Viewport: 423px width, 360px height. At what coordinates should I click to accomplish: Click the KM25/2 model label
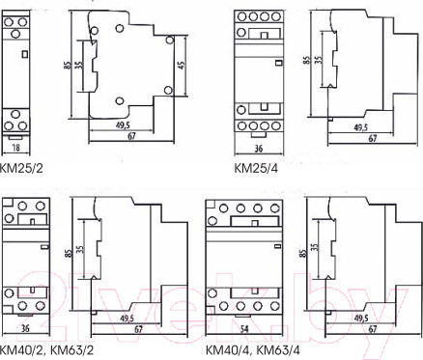21,168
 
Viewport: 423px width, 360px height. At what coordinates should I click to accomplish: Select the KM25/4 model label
256,168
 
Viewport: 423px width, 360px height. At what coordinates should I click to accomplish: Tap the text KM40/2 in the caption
22,349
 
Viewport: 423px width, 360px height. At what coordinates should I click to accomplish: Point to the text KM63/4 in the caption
279,349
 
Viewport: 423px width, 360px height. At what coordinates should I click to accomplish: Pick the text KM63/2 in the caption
72,349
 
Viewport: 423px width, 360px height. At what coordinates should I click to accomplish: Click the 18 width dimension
15,148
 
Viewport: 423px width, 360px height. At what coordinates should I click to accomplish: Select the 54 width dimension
244,329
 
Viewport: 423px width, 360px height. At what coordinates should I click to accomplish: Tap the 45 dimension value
182,65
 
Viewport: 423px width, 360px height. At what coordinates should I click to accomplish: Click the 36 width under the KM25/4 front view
259,149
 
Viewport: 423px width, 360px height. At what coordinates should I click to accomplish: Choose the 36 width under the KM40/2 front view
25,329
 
